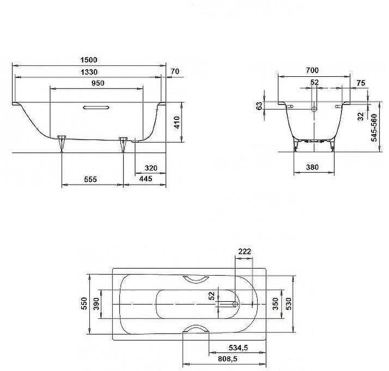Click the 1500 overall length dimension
click(x=88, y=60)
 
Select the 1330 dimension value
click(x=88, y=72)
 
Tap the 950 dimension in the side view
click(x=97, y=83)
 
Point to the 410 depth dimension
click(x=176, y=121)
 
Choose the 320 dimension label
click(x=151, y=168)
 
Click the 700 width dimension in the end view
click(x=312, y=71)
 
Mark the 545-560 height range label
click(x=375, y=128)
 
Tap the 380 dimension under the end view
click(x=313, y=168)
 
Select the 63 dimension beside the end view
click(x=259, y=106)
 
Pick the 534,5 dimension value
click(x=239, y=348)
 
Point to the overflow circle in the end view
click(x=314, y=108)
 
